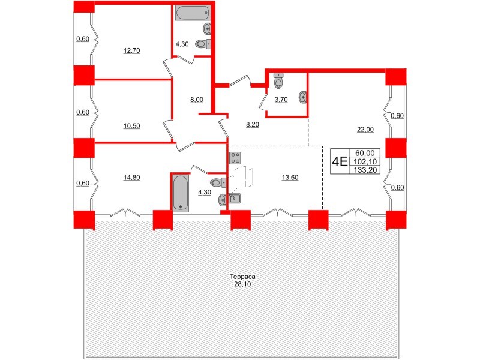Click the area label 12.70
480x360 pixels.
[131, 51]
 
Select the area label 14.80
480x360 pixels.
[131, 177]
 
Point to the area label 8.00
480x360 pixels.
[197, 100]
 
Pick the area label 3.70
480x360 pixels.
[281, 100]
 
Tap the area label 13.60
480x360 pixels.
[290, 177]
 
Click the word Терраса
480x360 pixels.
[243, 277]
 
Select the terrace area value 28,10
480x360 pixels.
[243, 285]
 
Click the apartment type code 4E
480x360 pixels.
[340, 161]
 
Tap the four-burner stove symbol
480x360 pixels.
[235, 158]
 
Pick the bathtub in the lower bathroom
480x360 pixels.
[181, 192]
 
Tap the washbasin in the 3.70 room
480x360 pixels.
[303, 97]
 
